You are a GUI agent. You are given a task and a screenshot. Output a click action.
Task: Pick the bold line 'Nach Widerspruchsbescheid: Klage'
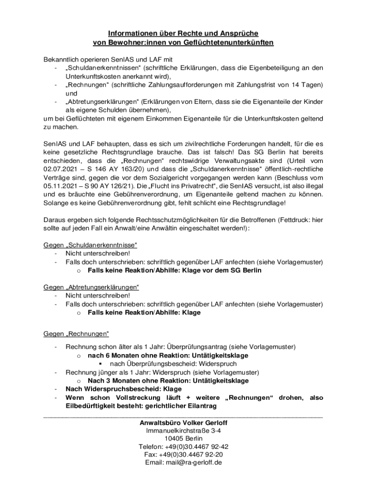pyautogui.click(x=123, y=389)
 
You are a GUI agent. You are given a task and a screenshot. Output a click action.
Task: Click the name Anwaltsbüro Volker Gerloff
pyautogui.click(x=183, y=423)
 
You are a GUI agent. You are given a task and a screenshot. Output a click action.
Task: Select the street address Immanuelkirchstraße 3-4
pyautogui.click(x=183, y=430)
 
